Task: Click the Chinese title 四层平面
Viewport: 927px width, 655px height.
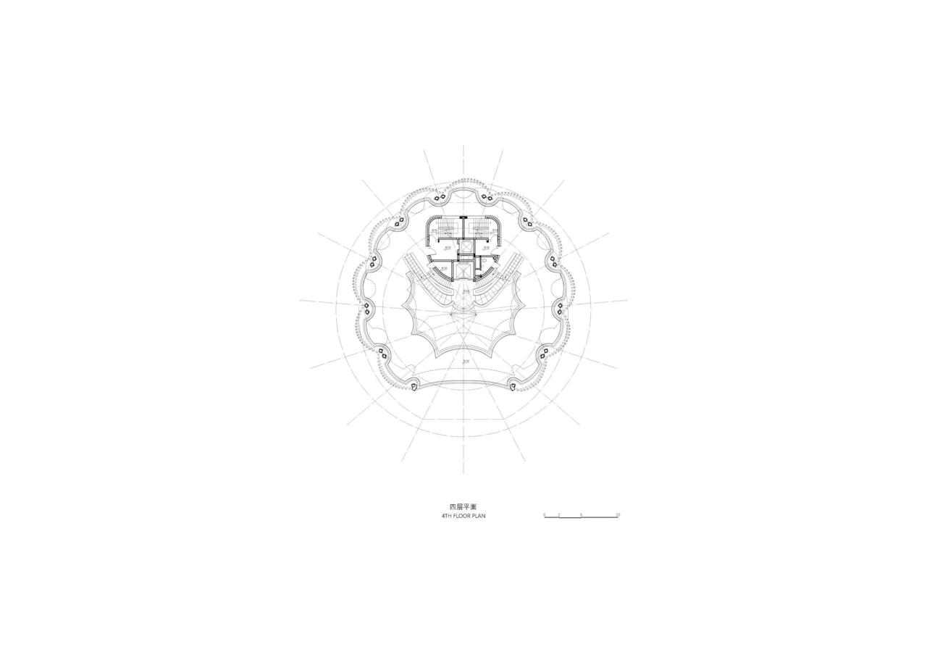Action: click(x=463, y=506)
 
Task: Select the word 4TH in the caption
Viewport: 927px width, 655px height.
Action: click(x=448, y=516)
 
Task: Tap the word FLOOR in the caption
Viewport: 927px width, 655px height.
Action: click(x=463, y=516)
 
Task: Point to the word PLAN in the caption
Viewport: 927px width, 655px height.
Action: click(x=479, y=516)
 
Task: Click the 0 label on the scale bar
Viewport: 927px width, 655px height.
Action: click(x=545, y=514)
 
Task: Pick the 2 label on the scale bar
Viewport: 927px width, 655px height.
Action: click(x=559, y=514)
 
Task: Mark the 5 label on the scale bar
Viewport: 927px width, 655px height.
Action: click(x=581, y=514)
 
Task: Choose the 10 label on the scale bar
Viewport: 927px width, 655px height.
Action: click(x=617, y=514)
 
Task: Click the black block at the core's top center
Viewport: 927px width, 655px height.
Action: click(x=463, y=217)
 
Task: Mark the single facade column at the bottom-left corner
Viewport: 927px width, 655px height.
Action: click(x=414, y=387)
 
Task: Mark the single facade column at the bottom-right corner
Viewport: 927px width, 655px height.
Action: click(x=513, y=387)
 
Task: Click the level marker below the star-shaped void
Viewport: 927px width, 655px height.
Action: click(x=466, y=361)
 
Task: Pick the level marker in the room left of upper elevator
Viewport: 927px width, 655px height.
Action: click(x=448, y=248)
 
